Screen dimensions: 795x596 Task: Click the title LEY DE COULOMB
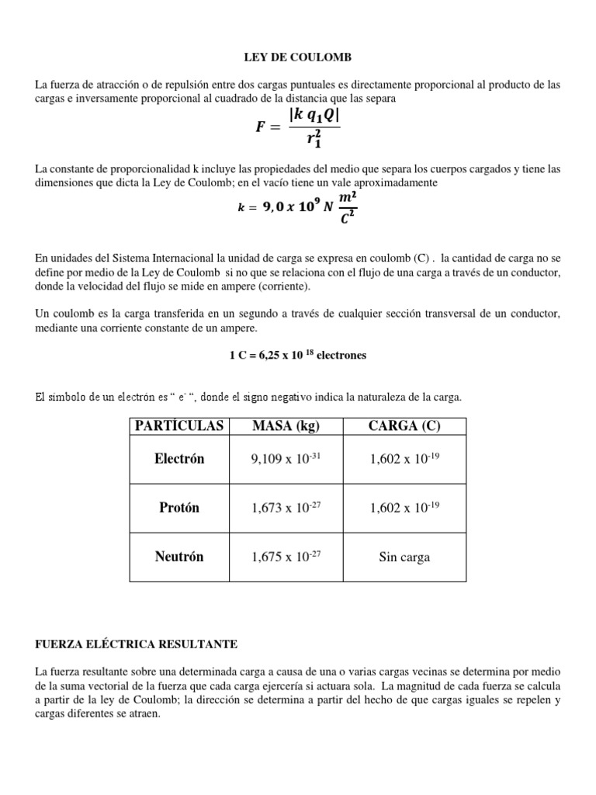coord(297,57)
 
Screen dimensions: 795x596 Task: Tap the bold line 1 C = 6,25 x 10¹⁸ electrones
coord(297,355)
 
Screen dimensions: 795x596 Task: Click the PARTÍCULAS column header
coord(178,425)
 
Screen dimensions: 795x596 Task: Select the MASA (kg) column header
coord(286,425)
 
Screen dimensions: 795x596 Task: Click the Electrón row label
coord(178,459)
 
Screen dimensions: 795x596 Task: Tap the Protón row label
coord(178,508)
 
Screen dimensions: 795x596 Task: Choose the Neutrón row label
coord(178,557)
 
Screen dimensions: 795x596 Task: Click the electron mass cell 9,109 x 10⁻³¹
coord(286,460)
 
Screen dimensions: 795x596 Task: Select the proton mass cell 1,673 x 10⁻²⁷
coord(286,509)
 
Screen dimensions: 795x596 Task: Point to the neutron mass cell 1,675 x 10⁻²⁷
coord(286,557)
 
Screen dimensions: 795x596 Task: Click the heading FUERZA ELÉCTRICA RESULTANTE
coord(137,644)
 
